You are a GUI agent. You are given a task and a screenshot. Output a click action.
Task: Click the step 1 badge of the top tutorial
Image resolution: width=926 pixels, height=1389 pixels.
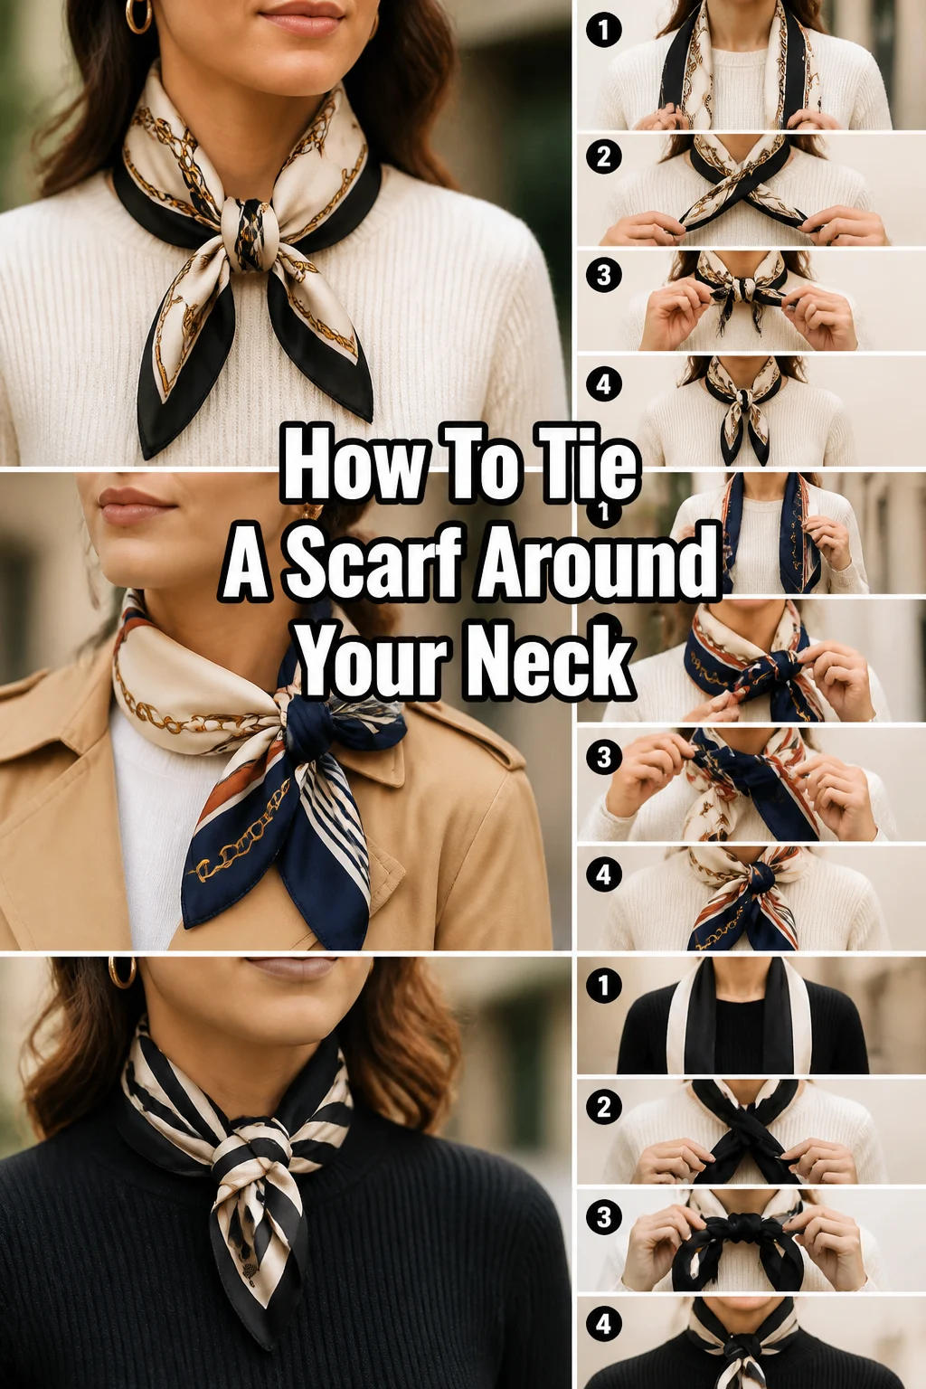pyautogui.click(x=603, y=30)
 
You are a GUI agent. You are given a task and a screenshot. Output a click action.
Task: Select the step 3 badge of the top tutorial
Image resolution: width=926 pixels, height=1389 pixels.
pyautogui.click(x=603, y=275)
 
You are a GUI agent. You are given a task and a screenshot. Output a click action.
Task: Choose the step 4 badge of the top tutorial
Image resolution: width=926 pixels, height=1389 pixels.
pyautogui.click(x=603, y=384)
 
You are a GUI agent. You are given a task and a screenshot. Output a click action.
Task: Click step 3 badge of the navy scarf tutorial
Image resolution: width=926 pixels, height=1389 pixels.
pyautogui.click(x=603, y=757)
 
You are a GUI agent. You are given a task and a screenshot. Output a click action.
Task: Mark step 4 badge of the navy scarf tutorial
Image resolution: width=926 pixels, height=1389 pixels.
pyautogui.click(x=603, y=875)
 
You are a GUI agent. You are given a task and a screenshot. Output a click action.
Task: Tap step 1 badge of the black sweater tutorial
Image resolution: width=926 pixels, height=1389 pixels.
pyautogui.click(x=603, y=986)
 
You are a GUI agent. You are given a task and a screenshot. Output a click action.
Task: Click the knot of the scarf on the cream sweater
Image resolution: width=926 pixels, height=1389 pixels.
pyautogui.click(x=250, y=234)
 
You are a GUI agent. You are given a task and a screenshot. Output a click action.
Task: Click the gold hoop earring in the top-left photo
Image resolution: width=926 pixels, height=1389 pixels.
pyautogui.click(x=138, y=16)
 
